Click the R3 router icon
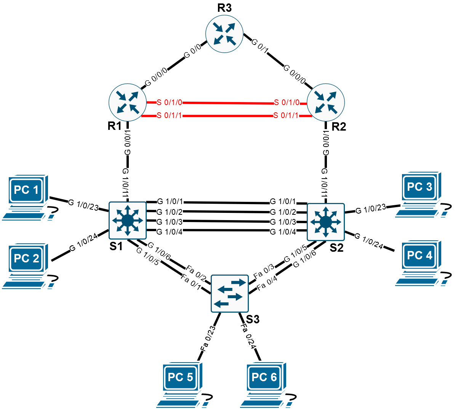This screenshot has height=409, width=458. pyautogui.click(x=224, y=34)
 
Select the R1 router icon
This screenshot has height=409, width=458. pyautogui.click(x=128, y=102)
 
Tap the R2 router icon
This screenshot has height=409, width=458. pyautogui.click(x=325, y=102)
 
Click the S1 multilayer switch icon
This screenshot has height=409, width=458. pyautogui.click(x=128, y=220)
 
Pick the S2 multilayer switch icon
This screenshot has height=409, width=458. pyautogui.click(x=325, y=222)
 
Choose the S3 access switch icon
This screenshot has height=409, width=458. pyautogui.click(x=230, y=294)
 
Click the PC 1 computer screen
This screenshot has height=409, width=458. pyautogui.click(x=26, y=190)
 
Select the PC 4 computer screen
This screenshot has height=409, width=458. pyautogui.click(x=420, y=256)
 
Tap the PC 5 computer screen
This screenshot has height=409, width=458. pyautogui.click(x=180, y=377)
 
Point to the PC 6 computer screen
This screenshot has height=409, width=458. pyautogui.click(x=264, y=377)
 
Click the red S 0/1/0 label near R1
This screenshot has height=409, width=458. pyautogui.click(x=169, y=102)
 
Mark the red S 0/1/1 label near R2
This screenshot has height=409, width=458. pyautogui.click(x=286, y=115)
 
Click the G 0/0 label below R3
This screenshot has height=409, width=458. pyautogui.click(x=192, y=51)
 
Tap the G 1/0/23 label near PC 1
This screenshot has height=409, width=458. pyautogui.click(x=83, y=205)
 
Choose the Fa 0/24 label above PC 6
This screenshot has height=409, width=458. pyautogui.click(x=248, y=336)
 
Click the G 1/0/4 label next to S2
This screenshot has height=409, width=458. pyautogui.click(x=283, y=232)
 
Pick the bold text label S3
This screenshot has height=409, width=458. pyautogui.click(x=253, y=319)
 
